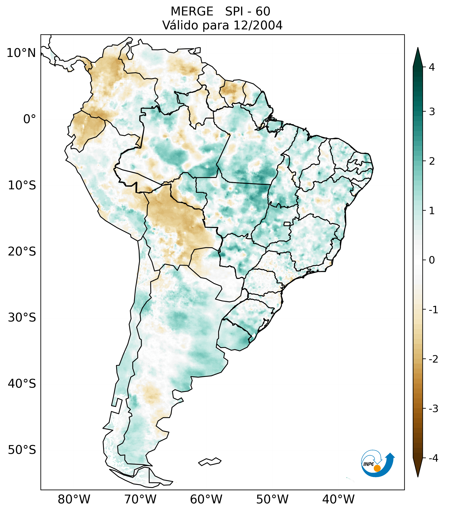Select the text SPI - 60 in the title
247,12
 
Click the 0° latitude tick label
29,119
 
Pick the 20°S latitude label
22,252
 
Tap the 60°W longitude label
206,499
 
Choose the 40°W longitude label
338,499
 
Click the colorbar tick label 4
432,67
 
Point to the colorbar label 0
432,260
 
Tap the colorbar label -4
433,458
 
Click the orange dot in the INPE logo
377,468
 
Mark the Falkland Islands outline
210,461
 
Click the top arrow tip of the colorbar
418,49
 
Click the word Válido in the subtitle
180,25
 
